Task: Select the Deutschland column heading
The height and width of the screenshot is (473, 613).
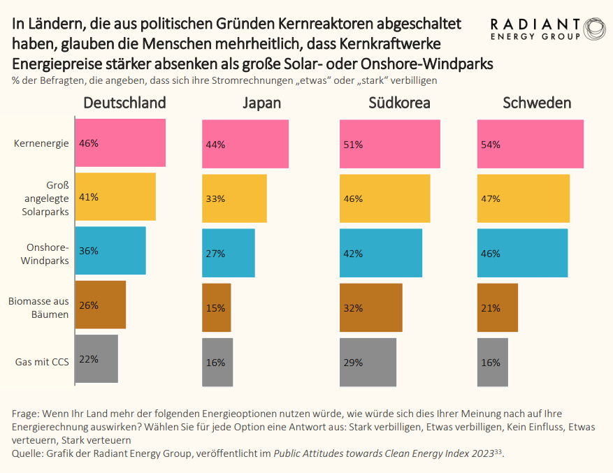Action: [x=124, y=103]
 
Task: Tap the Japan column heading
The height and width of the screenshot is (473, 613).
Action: [x=261, y=103]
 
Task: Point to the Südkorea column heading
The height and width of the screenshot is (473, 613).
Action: [x=399, y=103]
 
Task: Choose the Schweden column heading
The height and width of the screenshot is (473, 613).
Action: [x=537, y=103]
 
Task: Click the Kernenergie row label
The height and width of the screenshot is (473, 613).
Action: [x=41, y=143]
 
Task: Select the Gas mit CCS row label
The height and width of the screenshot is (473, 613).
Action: [x=41, y=362]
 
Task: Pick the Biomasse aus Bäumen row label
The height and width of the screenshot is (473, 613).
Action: [x=39, y=307]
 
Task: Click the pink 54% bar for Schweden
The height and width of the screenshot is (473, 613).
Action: [x=530, y=144]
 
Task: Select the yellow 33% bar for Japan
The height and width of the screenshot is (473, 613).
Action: [x=234, y=198]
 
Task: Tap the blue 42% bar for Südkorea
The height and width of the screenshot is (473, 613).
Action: [x=381, y=253]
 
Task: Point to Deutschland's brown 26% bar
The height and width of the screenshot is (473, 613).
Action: [x=100, y=305]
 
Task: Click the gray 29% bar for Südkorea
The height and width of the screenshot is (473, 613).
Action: [x=368, y=362]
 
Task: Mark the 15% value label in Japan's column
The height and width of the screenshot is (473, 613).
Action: [x=215, y=308]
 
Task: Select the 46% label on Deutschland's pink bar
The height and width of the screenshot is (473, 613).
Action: [x=89, y=143]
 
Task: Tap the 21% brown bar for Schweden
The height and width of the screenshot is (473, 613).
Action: [x=497, y=307]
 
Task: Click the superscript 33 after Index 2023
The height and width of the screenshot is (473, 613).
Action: [x=498, y=452]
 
